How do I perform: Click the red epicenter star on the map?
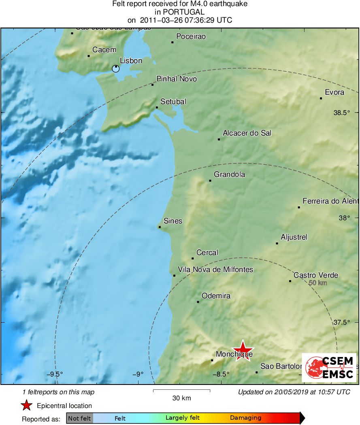pyautogui.click(x=243, y=350)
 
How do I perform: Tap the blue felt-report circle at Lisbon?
pyautogui.click(x=116, y=69)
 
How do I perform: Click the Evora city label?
pyautogui.click(x=334, y=92)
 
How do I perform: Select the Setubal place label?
pyautogui.click(x=173, y=102)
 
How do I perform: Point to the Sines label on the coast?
pyautogui.click(x=173, y=221)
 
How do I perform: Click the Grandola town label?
pyautogui.click(x=229, y=175)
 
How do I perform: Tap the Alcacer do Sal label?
pyautogui.click(x=247, y=133)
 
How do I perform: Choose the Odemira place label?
pyautogui.click(x=216, y=296)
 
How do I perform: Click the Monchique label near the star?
pyautogui.click(x=234, y=354)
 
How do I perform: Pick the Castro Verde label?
pyautogui.click(x=316, y=275)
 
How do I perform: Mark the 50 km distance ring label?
pyautogui.click(x=318, y=283)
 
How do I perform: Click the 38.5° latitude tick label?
pyautogui.click(x=342, y=113)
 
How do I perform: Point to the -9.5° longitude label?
pyautogui.click(x=54, y=374)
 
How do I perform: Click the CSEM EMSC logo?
pyautogui.click(x=329, y=368)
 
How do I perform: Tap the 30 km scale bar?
pyautogui.click(x=181, y=391)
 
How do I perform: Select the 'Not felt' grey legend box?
pyautogui.click(x=79, y=418)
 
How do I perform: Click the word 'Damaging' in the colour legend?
pyautogui.click(x=246, y=418)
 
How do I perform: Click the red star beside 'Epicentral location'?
pyautogui.click(x=27, y=406)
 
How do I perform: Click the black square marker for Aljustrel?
pyautogui.click(x=277, y=243)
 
